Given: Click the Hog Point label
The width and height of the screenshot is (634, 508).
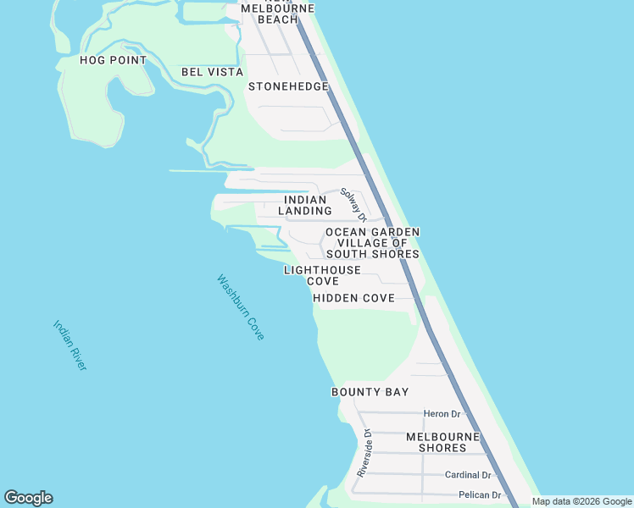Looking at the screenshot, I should (113, 60).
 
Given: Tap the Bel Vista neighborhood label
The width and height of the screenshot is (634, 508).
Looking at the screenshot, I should (212, 72).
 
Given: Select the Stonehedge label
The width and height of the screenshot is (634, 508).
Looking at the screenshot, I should (288, 86).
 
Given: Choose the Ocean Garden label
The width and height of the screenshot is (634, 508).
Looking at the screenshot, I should (373, 232).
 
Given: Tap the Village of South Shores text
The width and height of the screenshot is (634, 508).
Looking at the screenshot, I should (373, 248).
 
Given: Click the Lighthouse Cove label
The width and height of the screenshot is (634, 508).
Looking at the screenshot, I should (322, 275).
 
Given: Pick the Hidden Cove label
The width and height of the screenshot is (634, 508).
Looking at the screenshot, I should (353, 298).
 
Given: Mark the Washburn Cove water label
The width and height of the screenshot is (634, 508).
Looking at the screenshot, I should (241, 307).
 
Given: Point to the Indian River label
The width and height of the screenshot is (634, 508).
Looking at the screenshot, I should (70, 345).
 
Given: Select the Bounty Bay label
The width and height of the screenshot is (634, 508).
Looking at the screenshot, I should (370, 392).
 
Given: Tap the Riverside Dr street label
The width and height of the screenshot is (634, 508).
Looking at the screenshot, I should (364, 453).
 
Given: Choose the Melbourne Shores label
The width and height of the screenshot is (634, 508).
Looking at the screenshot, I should (442, 442).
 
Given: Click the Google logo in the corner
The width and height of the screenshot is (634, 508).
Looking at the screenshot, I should (29, 498).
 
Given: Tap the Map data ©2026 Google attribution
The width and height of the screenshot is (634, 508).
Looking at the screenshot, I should (581, 501).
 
